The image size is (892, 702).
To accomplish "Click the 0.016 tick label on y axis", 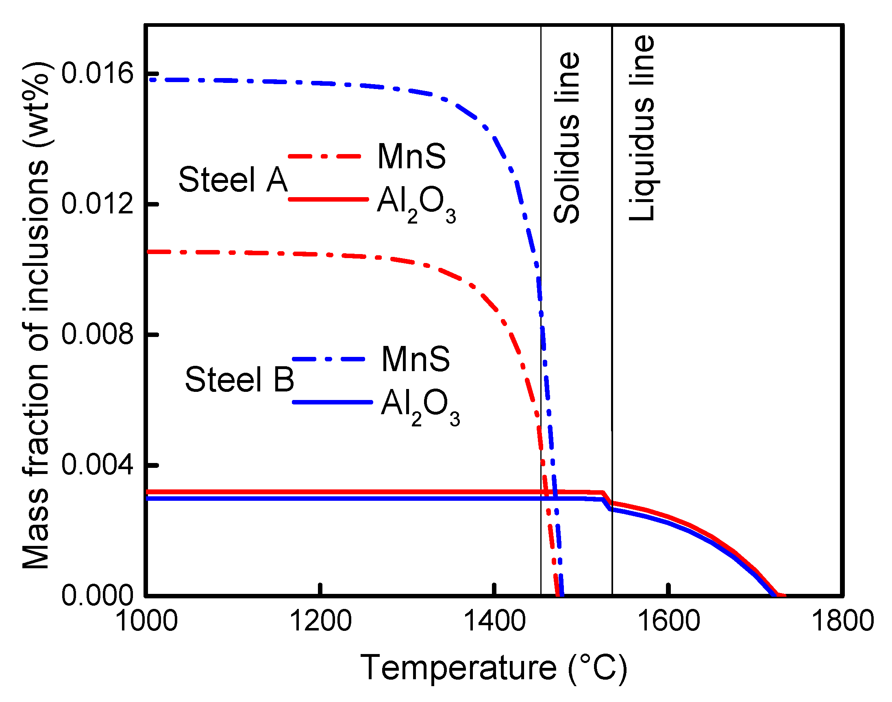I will [x=98, y=74].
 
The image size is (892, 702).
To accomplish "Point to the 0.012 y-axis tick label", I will [x=98, y=204].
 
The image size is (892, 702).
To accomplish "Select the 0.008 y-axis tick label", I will [x=98, y=334].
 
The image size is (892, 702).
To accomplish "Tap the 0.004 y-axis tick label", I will [x=98, y=465].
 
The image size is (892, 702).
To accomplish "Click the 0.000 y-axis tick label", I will [x=98, y=595].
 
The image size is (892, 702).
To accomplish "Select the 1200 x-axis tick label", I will [x=321, y=621].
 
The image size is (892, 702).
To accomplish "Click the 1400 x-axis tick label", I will [x=494, y=621].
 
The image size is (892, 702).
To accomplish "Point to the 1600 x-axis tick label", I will [x=669, y=621].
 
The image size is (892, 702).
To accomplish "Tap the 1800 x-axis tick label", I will [x=843, y=621].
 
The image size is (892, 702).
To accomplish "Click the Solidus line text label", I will [x=567, y=138].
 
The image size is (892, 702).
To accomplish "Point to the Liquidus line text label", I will [x=642, y=128].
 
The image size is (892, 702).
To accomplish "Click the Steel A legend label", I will [x=233, y=180].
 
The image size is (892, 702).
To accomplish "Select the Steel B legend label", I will [x=239, y=379].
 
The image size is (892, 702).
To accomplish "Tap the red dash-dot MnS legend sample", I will [x=325, y=156].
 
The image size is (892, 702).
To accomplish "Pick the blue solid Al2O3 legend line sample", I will [x=332, y=402].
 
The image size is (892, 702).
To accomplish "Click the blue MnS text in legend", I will [x=416, y=359].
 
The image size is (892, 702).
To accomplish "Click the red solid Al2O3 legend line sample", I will [x=328, y=199].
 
